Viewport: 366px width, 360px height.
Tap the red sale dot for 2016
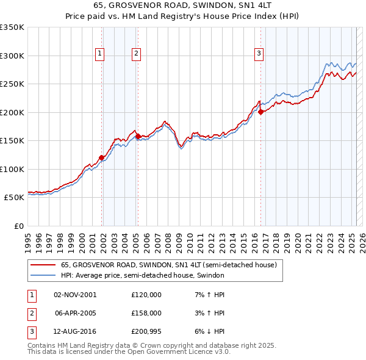point(260,112)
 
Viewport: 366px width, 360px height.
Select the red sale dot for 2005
point(138,136)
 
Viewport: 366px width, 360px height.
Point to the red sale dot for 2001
point(102,158)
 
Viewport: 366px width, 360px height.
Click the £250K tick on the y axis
point(12,84)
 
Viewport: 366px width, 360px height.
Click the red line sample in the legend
point(43,265)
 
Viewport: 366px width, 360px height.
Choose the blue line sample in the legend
point(43,275)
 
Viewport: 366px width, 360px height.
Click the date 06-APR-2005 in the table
point(74,313)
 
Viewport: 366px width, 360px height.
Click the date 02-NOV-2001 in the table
point(74,295)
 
